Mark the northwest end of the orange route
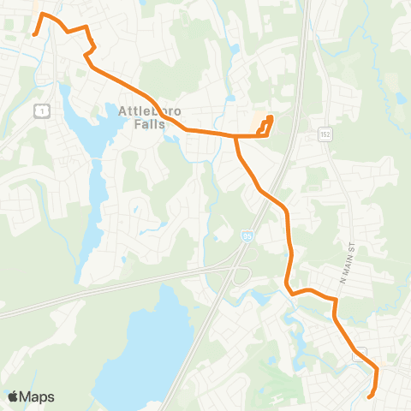[x=33, y=35]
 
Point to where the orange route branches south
[x=235, y=135]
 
